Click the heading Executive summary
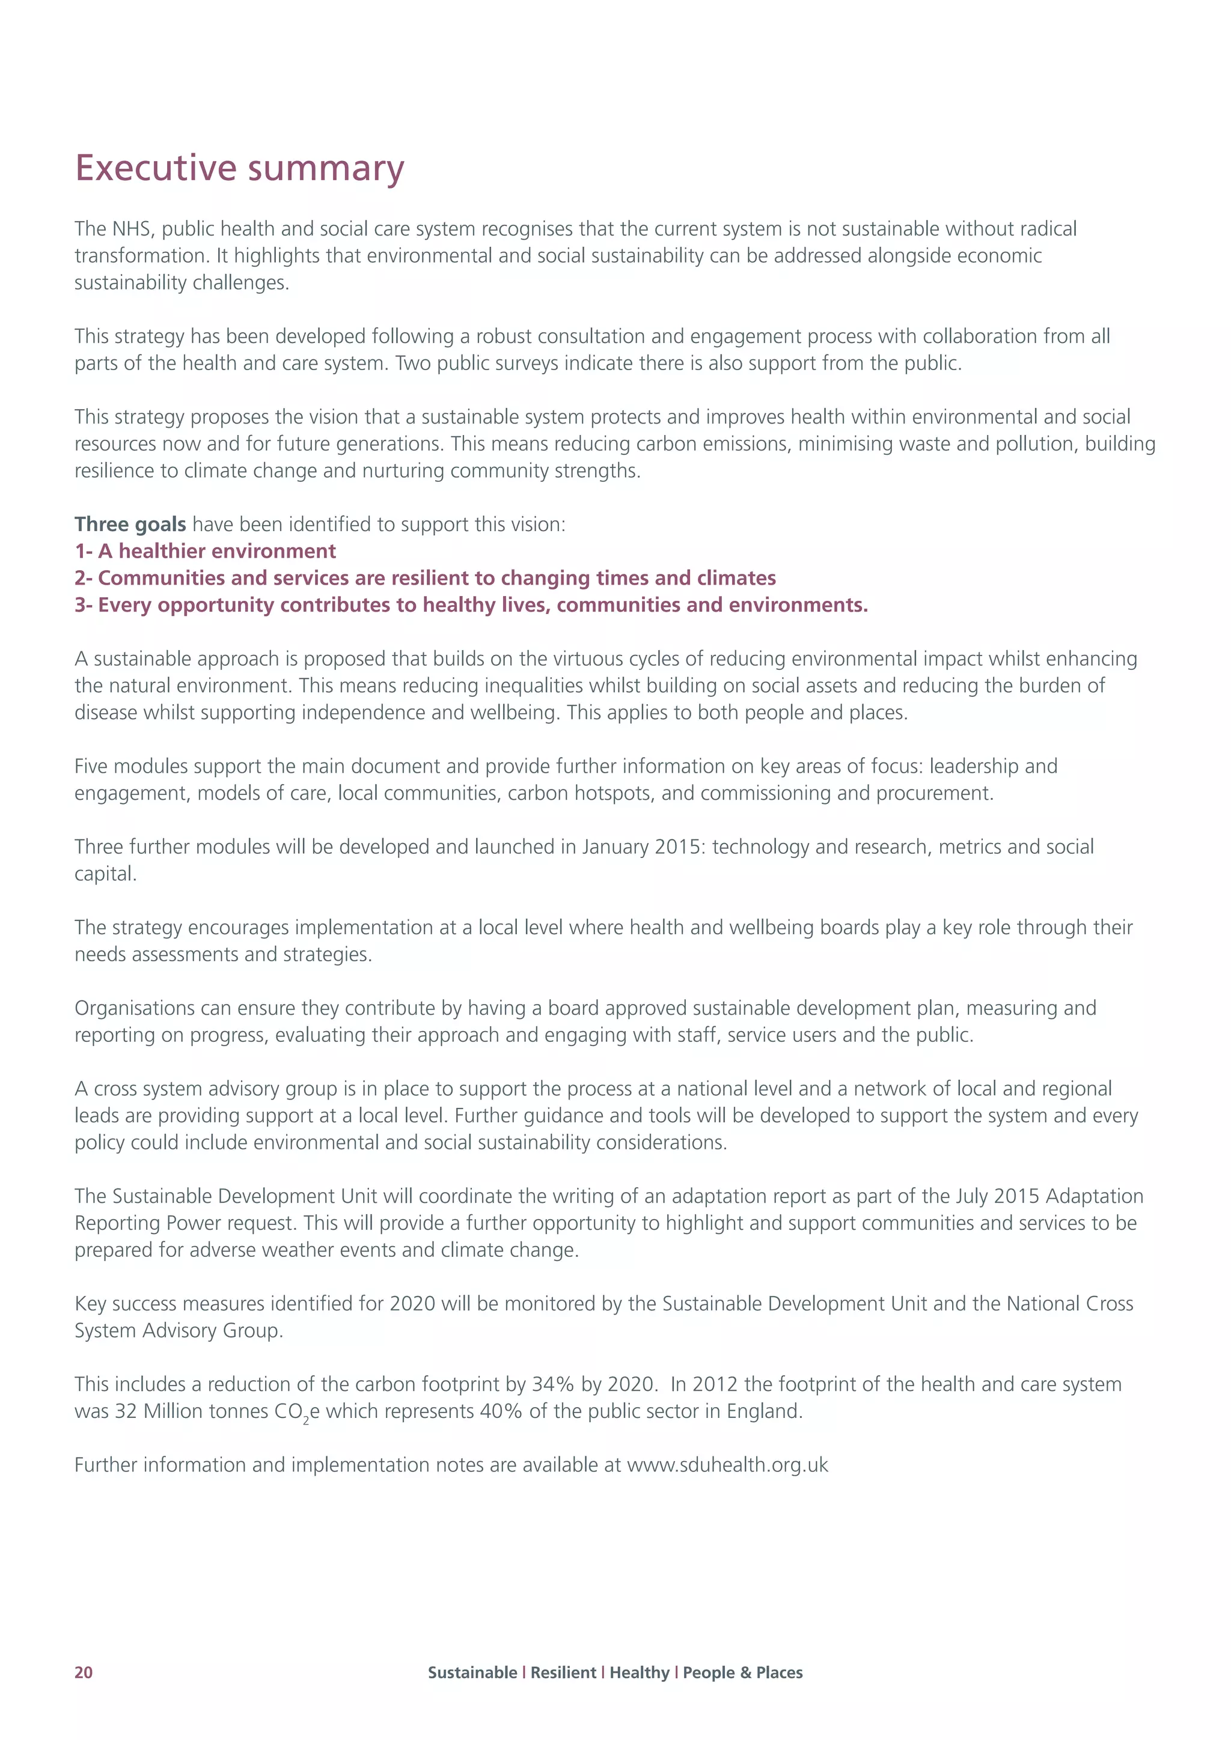click(240, 168)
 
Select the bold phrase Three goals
click(130, 525)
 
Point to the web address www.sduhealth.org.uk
click(728, 1465)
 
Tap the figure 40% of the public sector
click(501, 1411)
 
